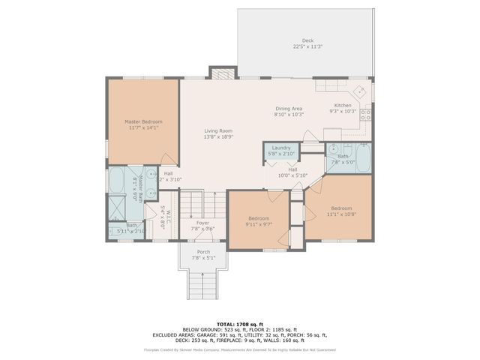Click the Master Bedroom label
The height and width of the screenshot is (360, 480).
tap(142, 121)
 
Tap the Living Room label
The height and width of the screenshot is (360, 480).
tap(218, 131)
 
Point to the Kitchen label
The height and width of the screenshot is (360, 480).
tap(343, 106)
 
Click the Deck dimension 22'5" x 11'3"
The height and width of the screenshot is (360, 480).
tap(307, 46)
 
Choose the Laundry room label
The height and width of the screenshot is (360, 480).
tap(281, 148)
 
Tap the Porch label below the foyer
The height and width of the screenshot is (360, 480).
tap(203, 251)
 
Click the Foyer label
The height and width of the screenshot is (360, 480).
tap(203, 223)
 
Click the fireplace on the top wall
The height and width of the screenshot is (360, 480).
tap(221, 73)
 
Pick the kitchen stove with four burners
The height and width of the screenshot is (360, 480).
tap(366, 115)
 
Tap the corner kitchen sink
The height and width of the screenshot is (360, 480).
tap(361, 92)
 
